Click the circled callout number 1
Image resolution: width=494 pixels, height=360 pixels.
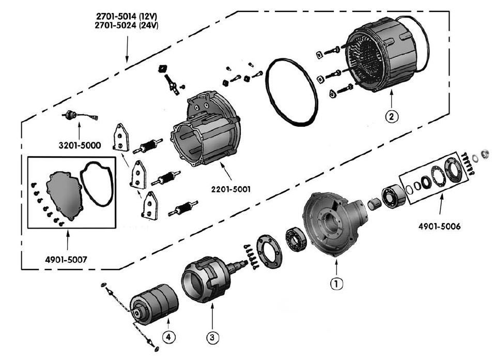coord(336,283)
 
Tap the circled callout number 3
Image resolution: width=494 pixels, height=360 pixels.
coord(212,338)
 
